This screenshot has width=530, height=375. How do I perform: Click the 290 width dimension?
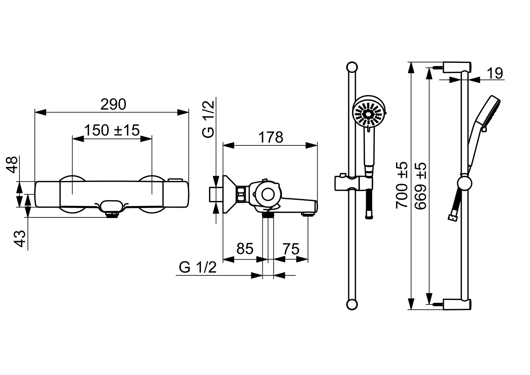pyautogui.click(x=113, y=105)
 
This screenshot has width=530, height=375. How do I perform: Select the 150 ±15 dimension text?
pyautogui.click(x=112, y=130)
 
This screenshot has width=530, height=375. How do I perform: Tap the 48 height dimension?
pyautogui.click(x=13, y=164)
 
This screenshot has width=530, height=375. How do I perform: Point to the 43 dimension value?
pyautogui.click(x=21, y=239)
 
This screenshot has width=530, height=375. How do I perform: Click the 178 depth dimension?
pyautogui.click(x=271, y=137)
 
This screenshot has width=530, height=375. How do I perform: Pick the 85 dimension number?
pyautogui.click(x=245, y=249)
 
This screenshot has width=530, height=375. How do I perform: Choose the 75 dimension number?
pyautogui.click(x=291, y=249)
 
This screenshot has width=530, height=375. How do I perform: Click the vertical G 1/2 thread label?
pyautogui.click(x=209, y=119)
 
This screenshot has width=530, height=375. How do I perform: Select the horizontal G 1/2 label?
pyautogui.click(x=198, y=267)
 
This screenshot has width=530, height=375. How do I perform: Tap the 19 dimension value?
pyautogui.click(x=494, y=73)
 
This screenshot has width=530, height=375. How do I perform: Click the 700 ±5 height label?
pyautogui.click(x=402, y=185)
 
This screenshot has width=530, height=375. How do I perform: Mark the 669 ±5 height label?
pyautogui.click(x=420, y=186)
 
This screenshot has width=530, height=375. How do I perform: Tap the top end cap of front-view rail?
pyautogui.click(x=352, y=67)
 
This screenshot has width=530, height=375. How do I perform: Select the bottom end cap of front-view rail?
pyautogui.click(x=352, y=305)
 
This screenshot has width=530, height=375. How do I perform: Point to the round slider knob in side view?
pyautogui.click(x=464, y=183)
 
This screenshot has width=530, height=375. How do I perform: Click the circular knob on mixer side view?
pyautogui.click(x=268, y=194)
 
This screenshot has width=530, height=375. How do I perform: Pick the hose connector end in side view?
pyautogui.click(x=452, y=218)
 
